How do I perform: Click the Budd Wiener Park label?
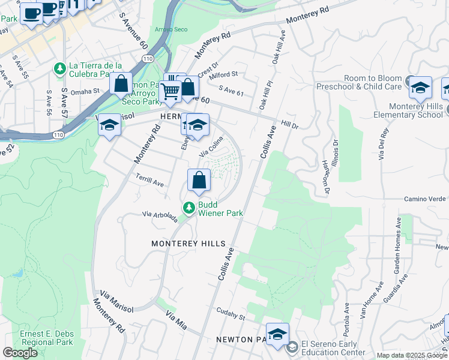[220, 208]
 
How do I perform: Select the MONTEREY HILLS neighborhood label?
[188, 244]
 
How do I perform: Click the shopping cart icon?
[170, 92]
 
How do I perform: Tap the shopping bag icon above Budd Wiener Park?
[199, 179]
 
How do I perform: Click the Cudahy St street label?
[231, 317]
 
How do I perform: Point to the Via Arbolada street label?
[160, 216]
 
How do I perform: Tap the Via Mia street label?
[176, 320]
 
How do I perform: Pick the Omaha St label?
[84, 91]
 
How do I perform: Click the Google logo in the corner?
[20, 352]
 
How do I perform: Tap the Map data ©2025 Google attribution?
[412, 355]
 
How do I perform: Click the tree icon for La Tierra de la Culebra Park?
[59, 69]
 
